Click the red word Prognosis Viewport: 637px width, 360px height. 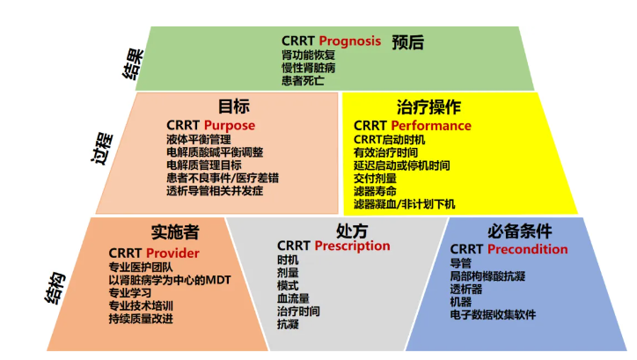point(350,41)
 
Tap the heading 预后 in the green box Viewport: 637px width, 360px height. point(408,42)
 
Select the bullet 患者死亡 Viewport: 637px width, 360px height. point(303,80)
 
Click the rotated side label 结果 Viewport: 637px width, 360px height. point(133,63)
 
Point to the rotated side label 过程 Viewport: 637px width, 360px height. point(101,148)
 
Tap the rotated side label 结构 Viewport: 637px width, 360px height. point(55,288)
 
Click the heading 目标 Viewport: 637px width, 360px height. point(234,107)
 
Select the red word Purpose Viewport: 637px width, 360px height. point(230,126)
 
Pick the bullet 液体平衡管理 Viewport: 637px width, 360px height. point(199,139)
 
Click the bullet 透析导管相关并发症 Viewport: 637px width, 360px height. point(215,191)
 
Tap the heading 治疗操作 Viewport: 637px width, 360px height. point(428,107)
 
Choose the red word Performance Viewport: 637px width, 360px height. point(431,126)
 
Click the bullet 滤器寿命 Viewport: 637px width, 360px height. point(375,191)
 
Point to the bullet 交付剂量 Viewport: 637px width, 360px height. point(375,179)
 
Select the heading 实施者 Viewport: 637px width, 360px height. point(175,232)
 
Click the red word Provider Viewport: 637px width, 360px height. point(172,253)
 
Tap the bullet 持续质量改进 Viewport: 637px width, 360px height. point(141,319)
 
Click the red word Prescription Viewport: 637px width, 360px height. point(352,246)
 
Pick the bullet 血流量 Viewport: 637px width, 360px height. point(293,298)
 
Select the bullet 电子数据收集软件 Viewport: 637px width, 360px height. point(493,314)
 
